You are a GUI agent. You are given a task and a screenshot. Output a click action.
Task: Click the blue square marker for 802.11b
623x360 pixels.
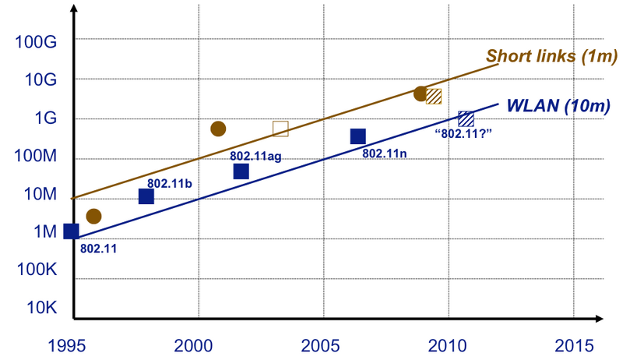pos(146,196)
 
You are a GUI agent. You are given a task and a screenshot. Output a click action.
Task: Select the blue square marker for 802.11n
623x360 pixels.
pos(358,136)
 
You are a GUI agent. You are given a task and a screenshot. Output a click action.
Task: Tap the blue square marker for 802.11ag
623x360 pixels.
pos(241,171)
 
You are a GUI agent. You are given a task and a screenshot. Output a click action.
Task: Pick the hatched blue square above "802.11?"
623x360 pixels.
pos(466,118)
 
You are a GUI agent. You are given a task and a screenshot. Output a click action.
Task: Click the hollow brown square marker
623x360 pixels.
pos(280,129)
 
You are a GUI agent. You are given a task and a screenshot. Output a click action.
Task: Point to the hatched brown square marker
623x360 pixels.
pos(434,97)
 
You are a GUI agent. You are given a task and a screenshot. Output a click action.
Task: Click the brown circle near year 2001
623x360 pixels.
pos(218,129)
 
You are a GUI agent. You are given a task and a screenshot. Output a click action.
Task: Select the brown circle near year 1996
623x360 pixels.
pos(93,216)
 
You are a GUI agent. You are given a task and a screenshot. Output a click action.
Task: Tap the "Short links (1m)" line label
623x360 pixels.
pos(552,56)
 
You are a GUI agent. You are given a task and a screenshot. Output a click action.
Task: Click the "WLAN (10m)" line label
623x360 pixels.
pos(558,106)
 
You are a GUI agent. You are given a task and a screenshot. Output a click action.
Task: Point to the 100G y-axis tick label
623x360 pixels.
pos(36,42)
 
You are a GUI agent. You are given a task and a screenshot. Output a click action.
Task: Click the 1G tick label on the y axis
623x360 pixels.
pos(46,118)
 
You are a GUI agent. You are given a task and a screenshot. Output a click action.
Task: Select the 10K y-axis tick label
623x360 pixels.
pos(42,308)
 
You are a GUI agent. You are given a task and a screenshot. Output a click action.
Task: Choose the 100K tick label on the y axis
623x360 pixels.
pos(37,270)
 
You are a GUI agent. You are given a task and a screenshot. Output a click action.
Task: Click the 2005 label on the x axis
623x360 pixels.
pos(320,346)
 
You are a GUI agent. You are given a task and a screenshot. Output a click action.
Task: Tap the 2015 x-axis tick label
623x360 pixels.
pos(574,346)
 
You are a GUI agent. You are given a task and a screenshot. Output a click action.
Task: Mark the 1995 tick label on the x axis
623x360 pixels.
pos(67,346)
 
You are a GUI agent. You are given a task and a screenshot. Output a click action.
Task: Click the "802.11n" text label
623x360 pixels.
pos(384,154)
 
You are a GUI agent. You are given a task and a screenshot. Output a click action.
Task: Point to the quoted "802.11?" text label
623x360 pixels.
pos(463,133)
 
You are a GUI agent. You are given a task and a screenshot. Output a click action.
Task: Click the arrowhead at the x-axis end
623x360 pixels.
pos(599,318)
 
